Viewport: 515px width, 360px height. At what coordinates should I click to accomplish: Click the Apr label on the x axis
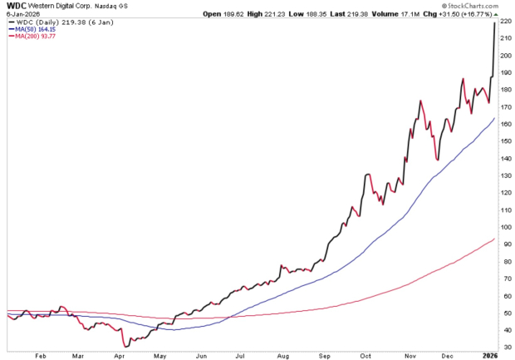pyautogui.click(x=118, y=356)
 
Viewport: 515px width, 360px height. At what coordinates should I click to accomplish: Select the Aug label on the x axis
pyautogui.click(x=282, y=356)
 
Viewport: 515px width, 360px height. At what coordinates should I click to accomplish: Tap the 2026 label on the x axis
pyautogui.click(x=490, y=356)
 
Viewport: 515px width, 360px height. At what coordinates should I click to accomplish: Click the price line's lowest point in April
pyautogui.click(x=124, y=345)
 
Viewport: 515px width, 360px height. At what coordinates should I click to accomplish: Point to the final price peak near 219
pyautogui.click(x=495, y=22)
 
